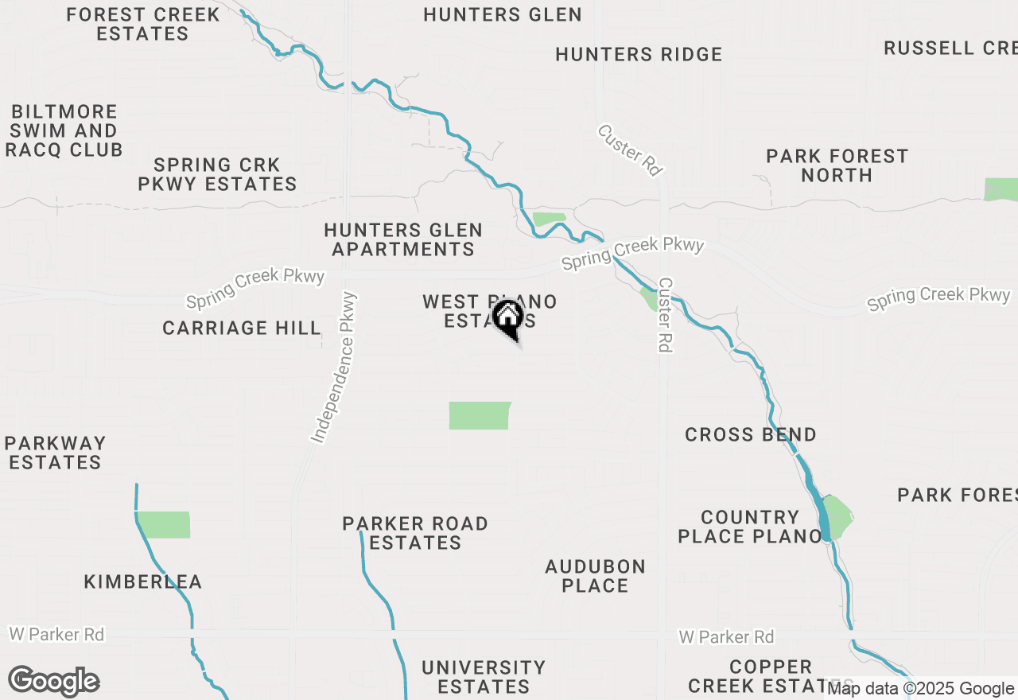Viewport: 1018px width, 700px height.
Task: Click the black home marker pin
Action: coord(508,319)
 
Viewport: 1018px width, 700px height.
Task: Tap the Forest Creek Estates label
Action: coord(143,24)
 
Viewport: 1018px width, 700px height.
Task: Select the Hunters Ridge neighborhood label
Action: coord(639,54)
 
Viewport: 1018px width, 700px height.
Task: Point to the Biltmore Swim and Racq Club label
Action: coord(64,130)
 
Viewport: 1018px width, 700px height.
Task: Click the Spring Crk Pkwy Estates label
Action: coord(217,174)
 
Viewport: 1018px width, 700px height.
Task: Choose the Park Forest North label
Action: coord(837,165)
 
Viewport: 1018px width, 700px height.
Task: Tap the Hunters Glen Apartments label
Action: coord(403,239)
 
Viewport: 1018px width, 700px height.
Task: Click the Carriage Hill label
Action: coord(242,328)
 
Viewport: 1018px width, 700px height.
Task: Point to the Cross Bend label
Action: coord(750,434)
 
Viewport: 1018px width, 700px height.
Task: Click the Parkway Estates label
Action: coord(55,453)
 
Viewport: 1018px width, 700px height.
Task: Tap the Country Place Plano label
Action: coord(749,527)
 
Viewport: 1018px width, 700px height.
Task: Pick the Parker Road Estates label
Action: coord(415,533)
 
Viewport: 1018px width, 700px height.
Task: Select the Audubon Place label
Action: coord(595,576)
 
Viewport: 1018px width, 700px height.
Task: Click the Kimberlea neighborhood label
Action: coord(143,582)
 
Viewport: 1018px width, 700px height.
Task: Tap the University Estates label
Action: coord(484,676)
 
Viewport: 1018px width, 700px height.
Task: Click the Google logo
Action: coord(53,682)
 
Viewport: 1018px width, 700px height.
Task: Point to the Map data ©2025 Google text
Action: coord(920,689)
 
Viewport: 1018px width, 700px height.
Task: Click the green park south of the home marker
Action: coord(480,415)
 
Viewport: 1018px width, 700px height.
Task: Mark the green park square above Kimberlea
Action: coord(165,524)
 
